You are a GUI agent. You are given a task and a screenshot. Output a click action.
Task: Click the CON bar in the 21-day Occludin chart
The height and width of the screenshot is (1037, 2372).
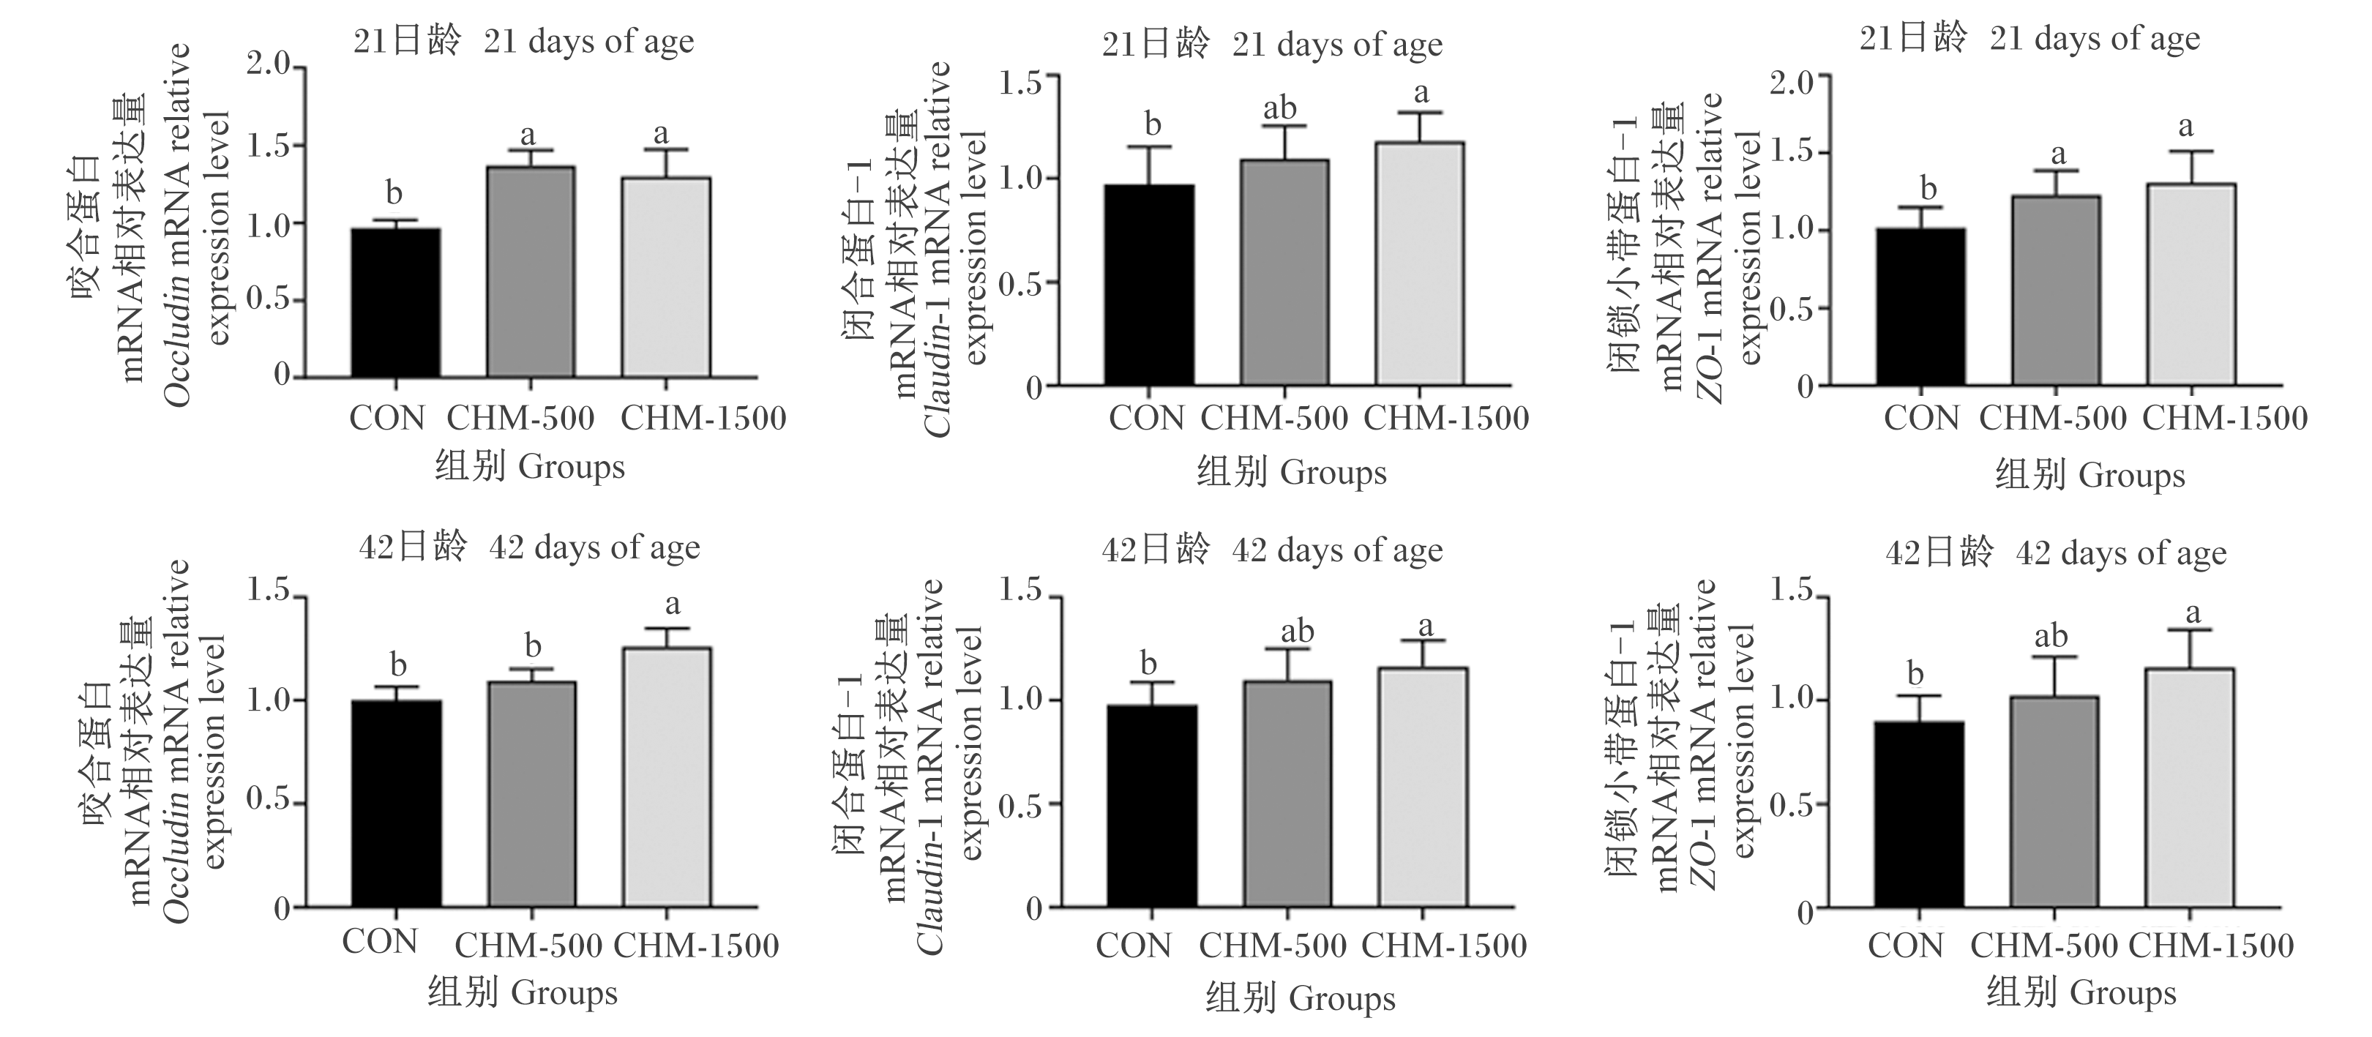tap(396, 303)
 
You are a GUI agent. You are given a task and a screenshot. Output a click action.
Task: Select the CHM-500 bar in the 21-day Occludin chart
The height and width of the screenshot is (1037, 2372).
tap(531, 272)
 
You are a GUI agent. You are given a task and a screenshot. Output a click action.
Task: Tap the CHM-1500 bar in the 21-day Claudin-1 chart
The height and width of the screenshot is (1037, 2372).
tap(1419, 263)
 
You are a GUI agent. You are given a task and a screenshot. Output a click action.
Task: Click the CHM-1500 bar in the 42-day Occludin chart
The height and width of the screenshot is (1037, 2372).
tap(667, 777)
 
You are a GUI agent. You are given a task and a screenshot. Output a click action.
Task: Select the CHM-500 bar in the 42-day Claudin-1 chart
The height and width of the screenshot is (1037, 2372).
tap(1287, 794)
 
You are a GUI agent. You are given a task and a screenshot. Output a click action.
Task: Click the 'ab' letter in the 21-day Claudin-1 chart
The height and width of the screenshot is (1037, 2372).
tap(1279, 108)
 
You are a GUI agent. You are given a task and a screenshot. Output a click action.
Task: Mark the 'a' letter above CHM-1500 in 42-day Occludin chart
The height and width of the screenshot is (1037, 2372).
tap(673, 605)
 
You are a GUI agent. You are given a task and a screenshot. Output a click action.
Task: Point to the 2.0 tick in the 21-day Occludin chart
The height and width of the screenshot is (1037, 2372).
tap(269, 67)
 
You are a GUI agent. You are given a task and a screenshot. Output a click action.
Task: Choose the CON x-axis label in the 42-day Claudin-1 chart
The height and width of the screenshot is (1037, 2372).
tap(1133, 945)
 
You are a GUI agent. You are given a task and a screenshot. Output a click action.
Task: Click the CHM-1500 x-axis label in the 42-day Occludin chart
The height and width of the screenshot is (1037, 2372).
tap(696, 945)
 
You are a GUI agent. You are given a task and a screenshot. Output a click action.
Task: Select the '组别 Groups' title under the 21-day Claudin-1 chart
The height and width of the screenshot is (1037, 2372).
tap(1291, 473)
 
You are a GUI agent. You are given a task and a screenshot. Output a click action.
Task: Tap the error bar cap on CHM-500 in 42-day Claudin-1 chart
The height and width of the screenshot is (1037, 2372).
tap(1287, 649)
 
